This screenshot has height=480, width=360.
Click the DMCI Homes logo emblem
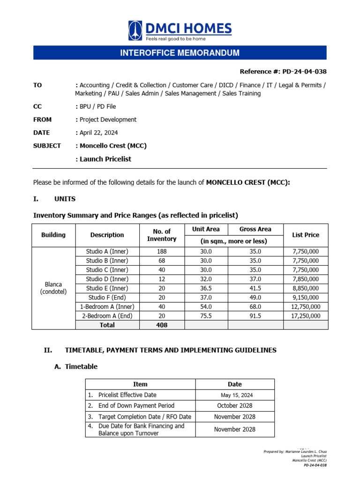click(x=136, y=30)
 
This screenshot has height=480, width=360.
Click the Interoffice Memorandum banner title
click(x=180, y=53)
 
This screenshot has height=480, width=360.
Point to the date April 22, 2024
click(x=99, y=133)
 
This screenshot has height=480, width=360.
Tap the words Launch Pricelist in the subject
click(x=105, y=159)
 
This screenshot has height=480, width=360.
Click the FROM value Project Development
click(x=108, y=120)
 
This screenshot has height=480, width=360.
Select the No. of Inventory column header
click(x=162, y=235)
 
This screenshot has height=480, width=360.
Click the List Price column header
click(x=305, y=235)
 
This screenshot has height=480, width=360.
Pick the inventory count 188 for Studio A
click(x=162, y=252)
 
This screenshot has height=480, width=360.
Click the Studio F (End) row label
click(x=107, y=297)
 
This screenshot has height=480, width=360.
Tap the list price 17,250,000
click(x=305, y=316)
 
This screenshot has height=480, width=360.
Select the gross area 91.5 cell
click(x=255, y=316)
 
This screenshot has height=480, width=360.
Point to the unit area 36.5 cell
click(x=206, y=288)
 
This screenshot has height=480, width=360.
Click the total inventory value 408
click(x=162, y=325)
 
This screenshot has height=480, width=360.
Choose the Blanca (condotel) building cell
click(x=53, y=288)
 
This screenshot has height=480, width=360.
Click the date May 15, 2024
click(x=235, y=395)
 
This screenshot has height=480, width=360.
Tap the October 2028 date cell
click(x=235, y=405)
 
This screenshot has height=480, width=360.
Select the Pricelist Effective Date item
click(x=127, y=395)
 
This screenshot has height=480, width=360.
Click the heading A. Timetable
click(x=76, y=367)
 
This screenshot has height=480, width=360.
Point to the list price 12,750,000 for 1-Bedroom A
click(x=305, y=307)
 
